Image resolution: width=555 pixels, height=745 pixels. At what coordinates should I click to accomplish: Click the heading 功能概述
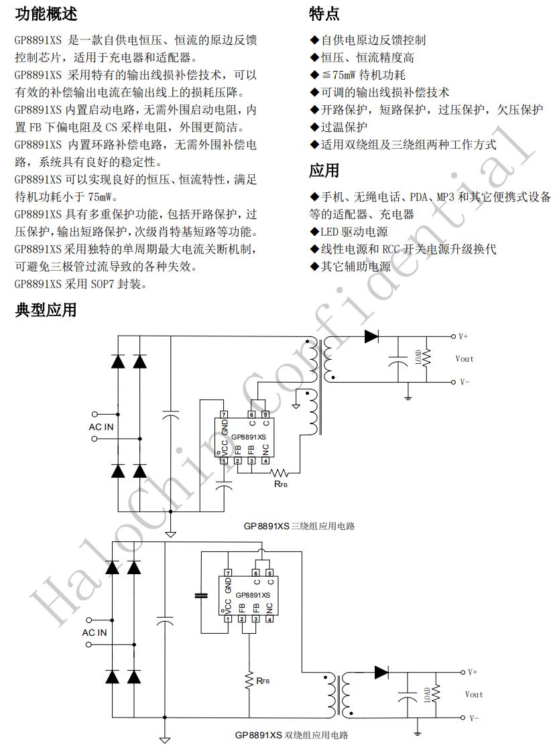click(x=46, y=13)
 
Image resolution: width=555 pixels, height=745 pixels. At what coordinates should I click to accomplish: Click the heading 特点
click(x=324, y=13)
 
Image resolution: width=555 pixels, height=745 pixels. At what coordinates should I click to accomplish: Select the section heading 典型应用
click(x=46, y=310)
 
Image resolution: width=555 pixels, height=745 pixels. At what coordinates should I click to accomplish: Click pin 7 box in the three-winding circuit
click(x=223, y=415)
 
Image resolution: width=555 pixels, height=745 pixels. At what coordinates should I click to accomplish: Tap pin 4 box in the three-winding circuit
click(x=266, y=460)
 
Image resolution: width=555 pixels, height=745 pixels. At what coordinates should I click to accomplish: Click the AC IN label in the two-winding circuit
click(x=95, y=632)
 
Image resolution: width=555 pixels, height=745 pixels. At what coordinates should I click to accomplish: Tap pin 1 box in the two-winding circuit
click(x=229, y=619)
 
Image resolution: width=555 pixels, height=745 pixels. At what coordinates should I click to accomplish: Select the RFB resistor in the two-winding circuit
click(x=249, y=680)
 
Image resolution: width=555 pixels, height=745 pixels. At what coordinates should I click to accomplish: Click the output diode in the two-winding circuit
click(x=381, y=671)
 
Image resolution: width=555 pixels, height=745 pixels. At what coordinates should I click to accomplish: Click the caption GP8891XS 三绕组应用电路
click(x=299, y=526)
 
